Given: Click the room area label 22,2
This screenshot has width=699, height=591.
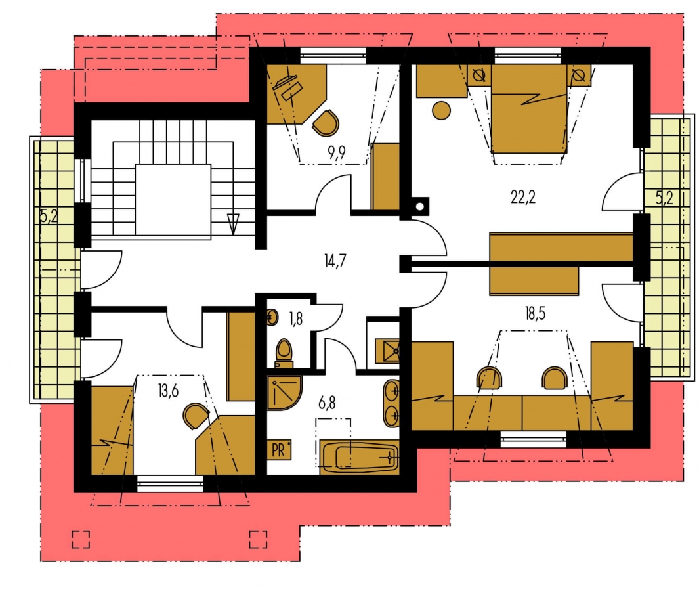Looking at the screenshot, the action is click(x=523, y=197).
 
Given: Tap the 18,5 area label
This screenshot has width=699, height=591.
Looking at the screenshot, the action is click(x=535, y=314).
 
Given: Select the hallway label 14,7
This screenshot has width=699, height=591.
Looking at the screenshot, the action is click(x=335, y=261).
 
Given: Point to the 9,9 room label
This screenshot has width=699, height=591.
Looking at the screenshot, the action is click(x=337, y=153).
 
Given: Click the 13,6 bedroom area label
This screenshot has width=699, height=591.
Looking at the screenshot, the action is click(x=168, y=391).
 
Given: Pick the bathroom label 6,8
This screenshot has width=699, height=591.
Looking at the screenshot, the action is click(x=327, y=403).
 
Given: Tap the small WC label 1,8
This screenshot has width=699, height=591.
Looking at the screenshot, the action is click(x=295, y=319).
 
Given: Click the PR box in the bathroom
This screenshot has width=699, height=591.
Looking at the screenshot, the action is click(x=279, y=450).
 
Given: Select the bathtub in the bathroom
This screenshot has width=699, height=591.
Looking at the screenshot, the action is click(x=359, y=457).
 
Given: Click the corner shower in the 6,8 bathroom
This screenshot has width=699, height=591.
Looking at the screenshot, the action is click(x=284, y=393).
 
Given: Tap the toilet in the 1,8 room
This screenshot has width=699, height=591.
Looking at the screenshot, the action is click(x=284, y=353).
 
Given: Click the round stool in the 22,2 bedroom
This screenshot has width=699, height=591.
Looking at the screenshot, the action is click(x=441, y=110).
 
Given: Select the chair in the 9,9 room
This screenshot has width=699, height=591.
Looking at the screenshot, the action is click(x=326, y=123).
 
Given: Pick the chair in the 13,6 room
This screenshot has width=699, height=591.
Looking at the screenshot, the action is click(x=195, y=416).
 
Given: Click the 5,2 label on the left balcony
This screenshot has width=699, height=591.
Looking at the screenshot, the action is click(x=49, y=217).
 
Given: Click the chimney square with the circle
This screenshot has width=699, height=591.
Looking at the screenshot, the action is click(x=420, y=206).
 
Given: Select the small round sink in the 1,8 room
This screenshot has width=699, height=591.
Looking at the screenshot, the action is click(x=272, y=317).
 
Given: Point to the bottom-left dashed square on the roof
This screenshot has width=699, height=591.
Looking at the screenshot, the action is click(x=81, y=539).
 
